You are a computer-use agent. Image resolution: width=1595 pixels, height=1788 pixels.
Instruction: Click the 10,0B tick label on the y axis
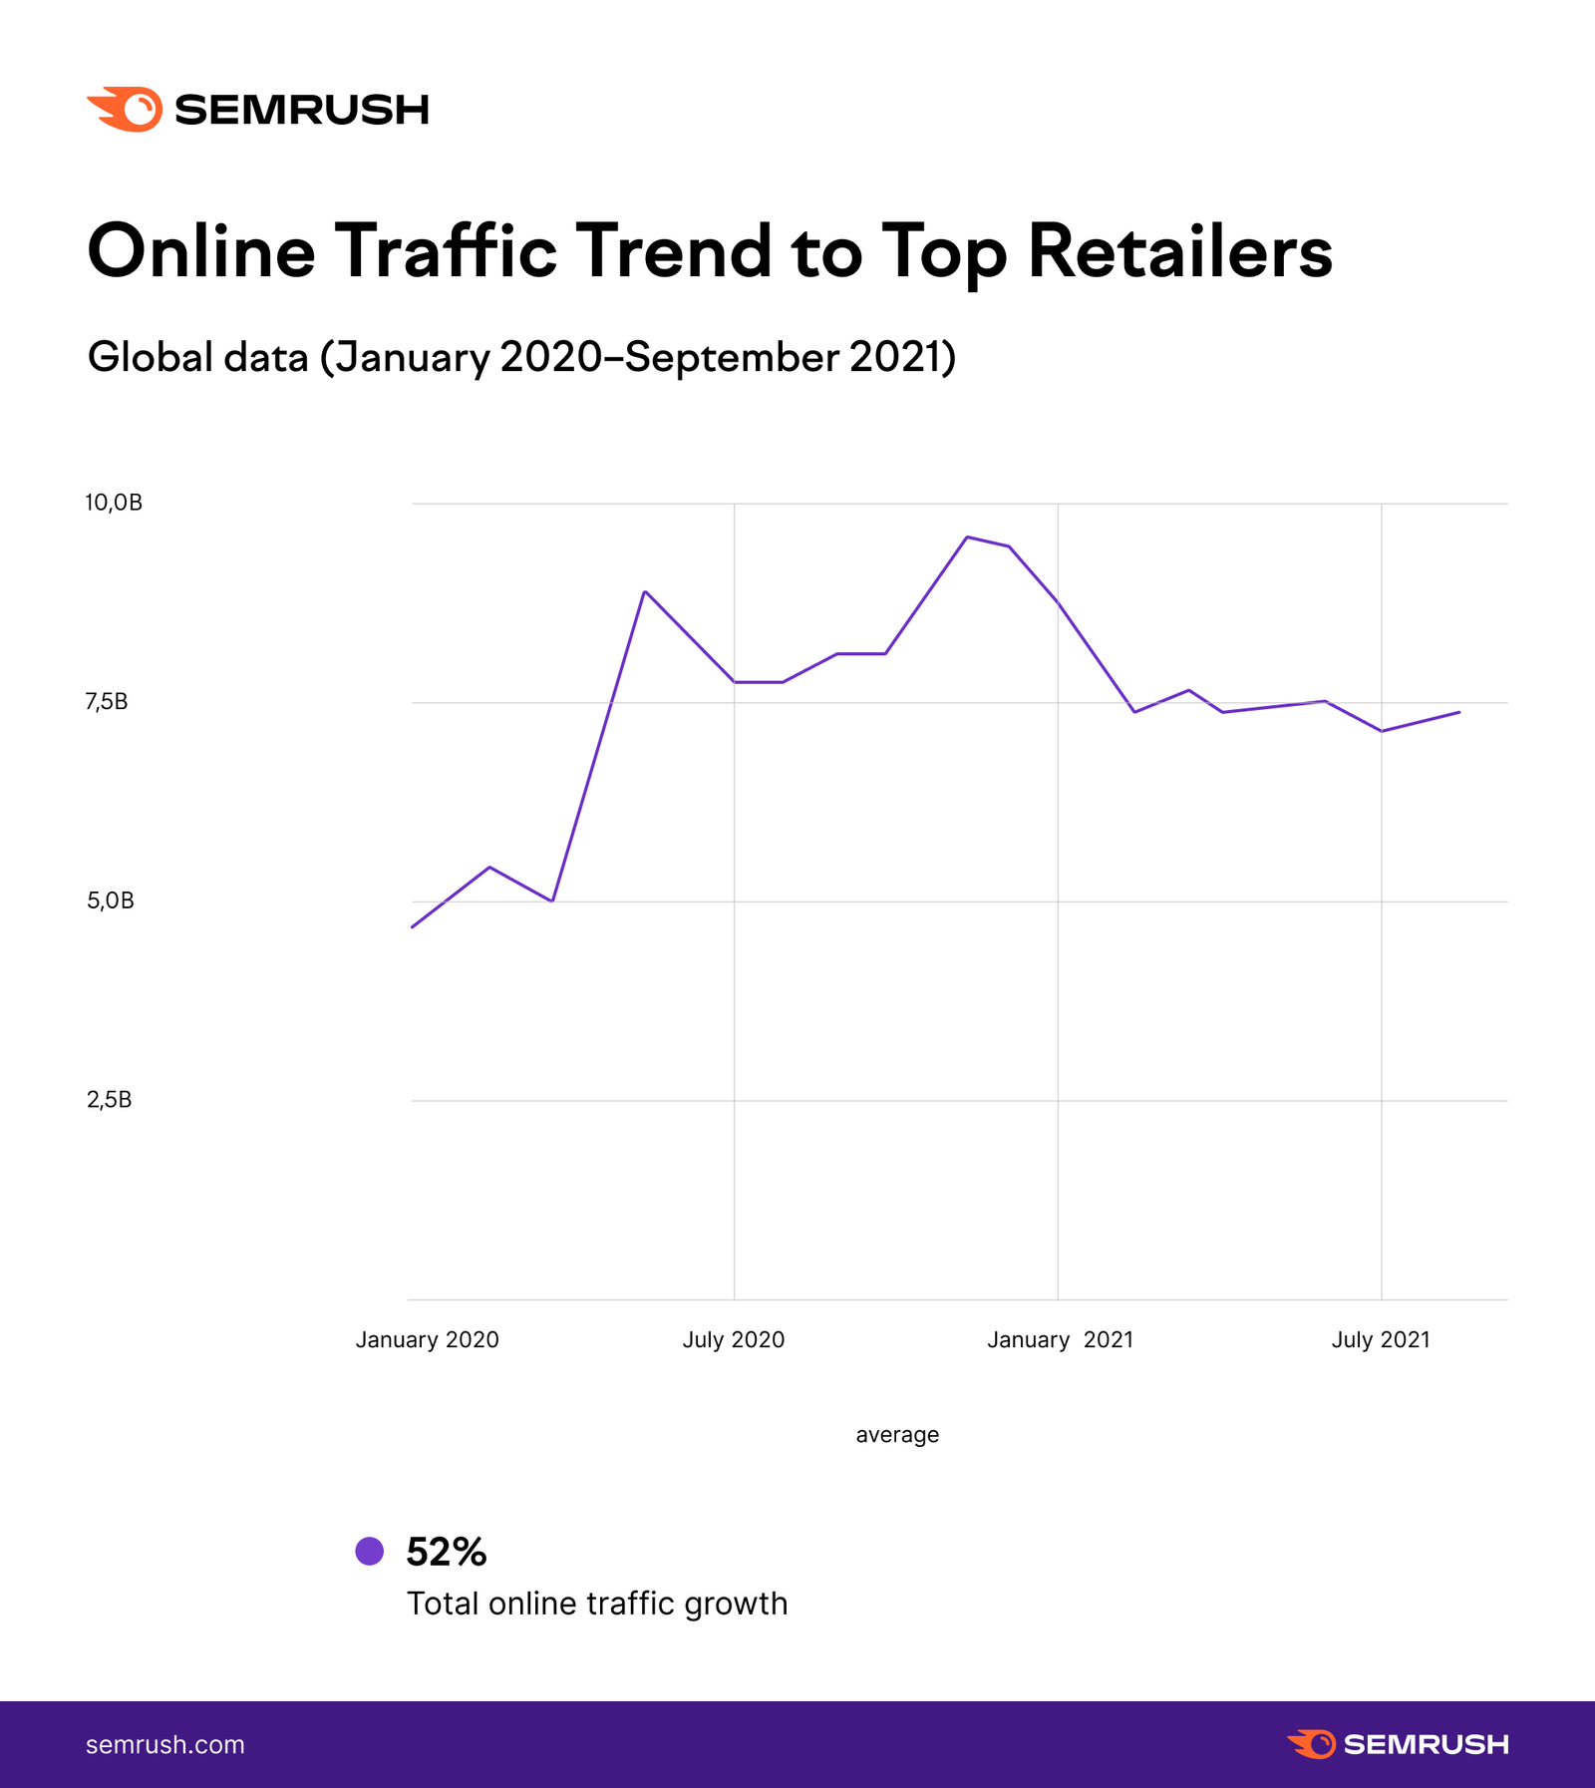tap(114, 503)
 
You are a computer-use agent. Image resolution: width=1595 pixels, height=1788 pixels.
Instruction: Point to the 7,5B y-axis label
tap(107, 702)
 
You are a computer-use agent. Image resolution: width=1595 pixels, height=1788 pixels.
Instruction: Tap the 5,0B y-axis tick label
tap(110, 900)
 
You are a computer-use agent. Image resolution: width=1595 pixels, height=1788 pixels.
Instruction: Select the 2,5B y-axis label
tap(109, 1100)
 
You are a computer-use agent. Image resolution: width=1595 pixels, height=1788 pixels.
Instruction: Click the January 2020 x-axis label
tap(427, 1339)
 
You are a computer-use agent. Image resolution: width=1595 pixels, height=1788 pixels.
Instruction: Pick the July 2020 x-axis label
tap(733, 1339)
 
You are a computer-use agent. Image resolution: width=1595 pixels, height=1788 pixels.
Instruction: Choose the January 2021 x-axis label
tap(1060, 1339)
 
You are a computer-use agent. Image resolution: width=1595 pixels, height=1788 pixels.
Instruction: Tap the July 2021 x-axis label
tap(1380, 1339)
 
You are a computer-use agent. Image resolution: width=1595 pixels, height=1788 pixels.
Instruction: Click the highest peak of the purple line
tap(966, 536)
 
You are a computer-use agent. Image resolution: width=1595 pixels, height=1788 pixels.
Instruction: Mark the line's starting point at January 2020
tap(412, 927)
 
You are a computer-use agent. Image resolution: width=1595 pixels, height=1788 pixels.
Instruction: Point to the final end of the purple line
tap(1459, 712)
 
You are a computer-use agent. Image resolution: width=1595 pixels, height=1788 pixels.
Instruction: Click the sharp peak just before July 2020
tap(645, 591)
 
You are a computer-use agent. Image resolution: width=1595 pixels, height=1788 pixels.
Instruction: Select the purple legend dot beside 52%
tap(370, 1551)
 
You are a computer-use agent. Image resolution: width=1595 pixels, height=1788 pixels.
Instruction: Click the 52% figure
tap(446, 1552)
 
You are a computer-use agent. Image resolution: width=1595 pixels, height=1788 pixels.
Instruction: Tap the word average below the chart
tap(897, 1434)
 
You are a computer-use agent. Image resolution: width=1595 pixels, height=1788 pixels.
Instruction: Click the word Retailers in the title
tap(1179, 251)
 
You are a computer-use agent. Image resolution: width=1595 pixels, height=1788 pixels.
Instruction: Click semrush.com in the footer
tap(165, 1744)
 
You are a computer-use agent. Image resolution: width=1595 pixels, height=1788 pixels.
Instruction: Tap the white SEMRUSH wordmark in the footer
tap(1426, 1744)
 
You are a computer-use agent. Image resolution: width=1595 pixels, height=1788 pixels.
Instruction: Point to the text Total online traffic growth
tap(597, 1604)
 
